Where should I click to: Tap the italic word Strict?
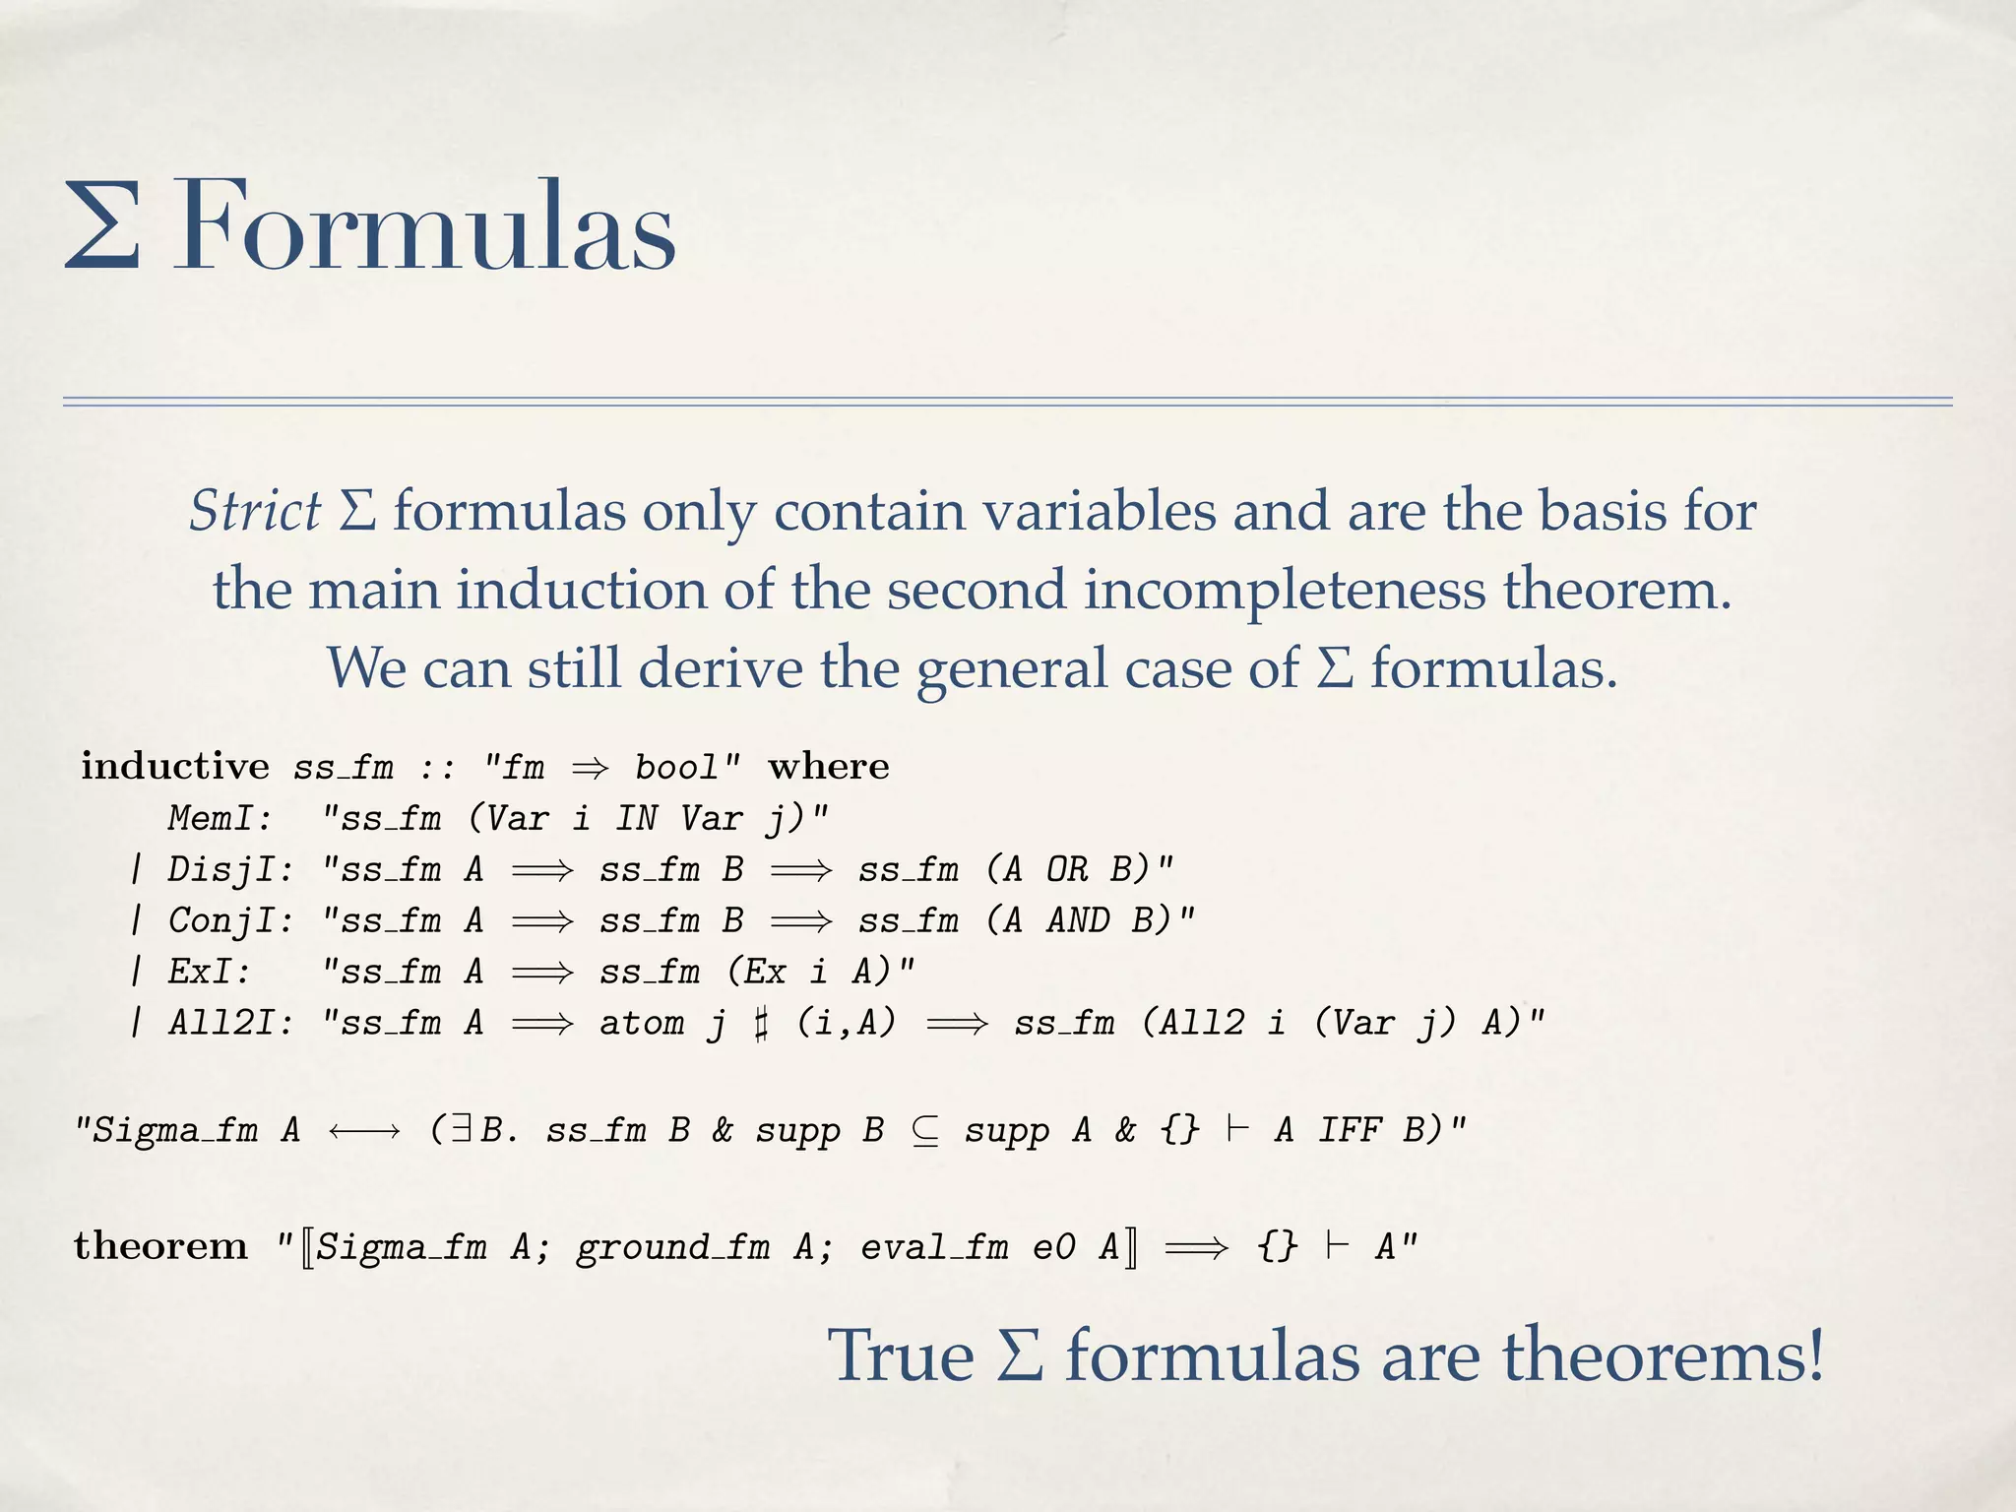[x=255, y=511]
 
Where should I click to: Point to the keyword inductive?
[x=175, y=766]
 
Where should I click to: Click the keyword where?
[x=829, y=766]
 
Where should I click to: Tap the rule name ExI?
[x=209, y=972]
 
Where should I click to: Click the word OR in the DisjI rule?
[x=1067, y=869]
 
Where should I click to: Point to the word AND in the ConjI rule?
[x=1078, y=920]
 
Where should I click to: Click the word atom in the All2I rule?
[x=642, y=1023]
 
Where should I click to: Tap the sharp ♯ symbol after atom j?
[x=760, y=1023]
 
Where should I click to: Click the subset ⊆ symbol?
[x=924, y=1130]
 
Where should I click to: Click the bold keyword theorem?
[x=160, y=1246]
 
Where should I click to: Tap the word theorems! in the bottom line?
[x=1663, y=1354]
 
